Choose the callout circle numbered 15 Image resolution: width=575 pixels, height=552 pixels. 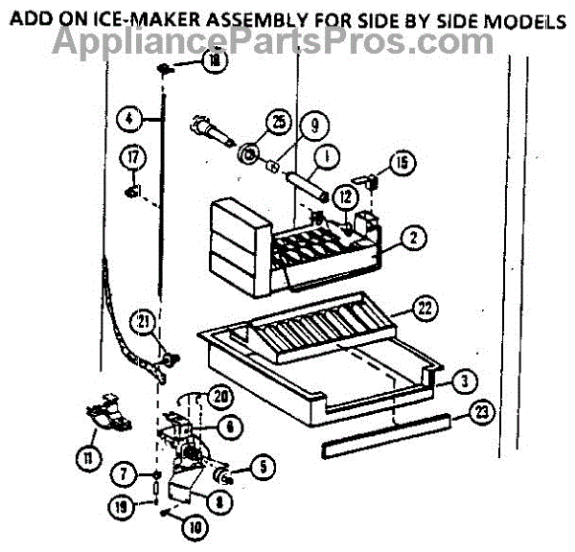pyautogui.click(x=402, y=163)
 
